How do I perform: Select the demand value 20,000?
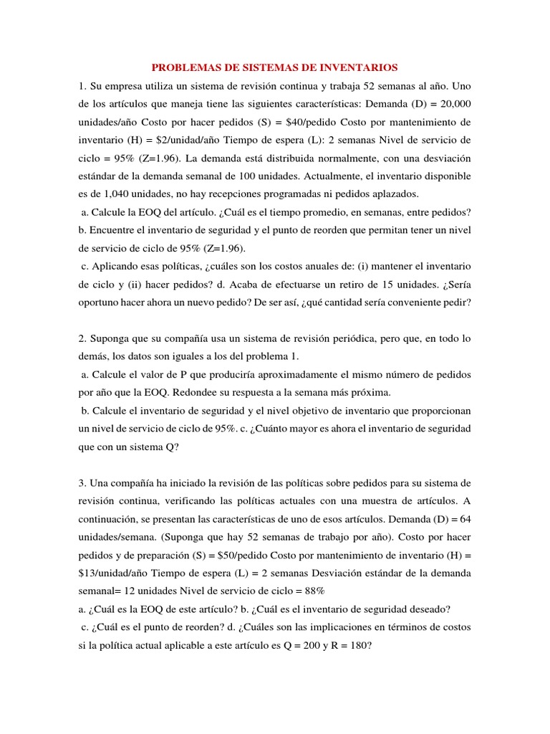[x=451, y=104]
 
